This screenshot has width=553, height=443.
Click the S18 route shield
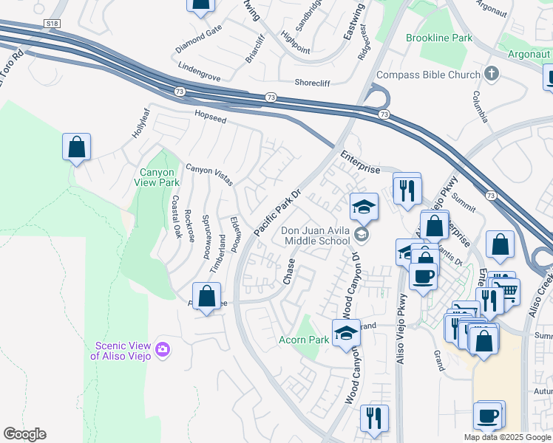[51, 24]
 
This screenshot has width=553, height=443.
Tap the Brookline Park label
[438, 38]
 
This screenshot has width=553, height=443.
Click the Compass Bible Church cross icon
[491, 74]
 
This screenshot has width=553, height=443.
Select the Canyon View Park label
[157, 177]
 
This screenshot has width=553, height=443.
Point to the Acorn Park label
[303, 340]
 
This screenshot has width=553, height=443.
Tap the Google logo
[24, 434]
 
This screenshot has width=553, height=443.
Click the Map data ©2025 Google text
[506, 437]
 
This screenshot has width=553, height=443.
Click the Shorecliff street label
[316, 83]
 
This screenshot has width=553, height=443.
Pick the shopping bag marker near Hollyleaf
[76, 147]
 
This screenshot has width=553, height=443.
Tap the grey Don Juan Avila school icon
[361, 235]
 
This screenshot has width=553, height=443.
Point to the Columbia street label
[481, 108]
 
